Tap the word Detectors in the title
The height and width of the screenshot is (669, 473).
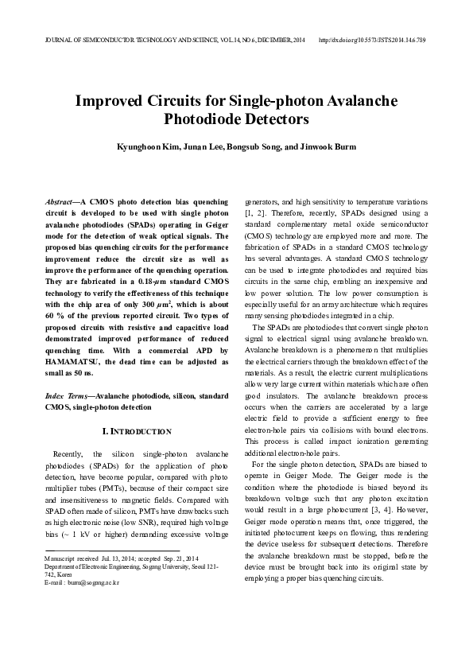273,120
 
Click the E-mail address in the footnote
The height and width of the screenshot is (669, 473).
93,583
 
